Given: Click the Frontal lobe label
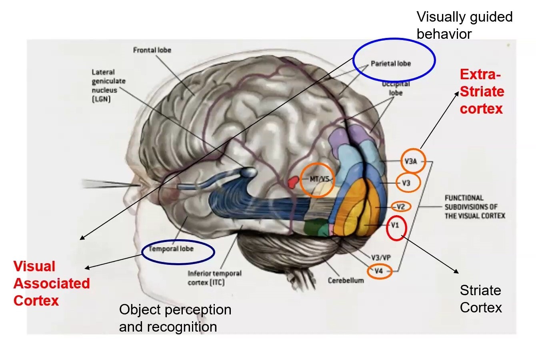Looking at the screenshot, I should [x=152, y=50].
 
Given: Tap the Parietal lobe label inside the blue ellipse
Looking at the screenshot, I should [x=390, y=63].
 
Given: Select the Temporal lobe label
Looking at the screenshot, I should [x=171, y=249].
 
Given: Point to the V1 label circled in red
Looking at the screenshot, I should [x=395, y=225].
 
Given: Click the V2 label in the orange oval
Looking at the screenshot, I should [x=400, y=207].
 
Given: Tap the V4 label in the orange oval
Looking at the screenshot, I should [x=378, y=271].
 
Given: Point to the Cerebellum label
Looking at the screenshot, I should [x=346, y=280].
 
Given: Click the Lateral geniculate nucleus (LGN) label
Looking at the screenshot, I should [x=108, y=85].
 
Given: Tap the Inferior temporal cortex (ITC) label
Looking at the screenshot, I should [x=214, y=278].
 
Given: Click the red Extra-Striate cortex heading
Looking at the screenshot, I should [x=482, y=92].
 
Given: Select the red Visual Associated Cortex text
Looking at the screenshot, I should [x=51, y=283].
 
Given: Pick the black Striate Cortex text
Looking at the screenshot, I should [x=480, y=299].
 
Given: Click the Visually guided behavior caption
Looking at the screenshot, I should [x=464, y=25].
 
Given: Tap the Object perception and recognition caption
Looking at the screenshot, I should [x=175, y=318].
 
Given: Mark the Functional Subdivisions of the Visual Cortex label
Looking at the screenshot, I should [x=474, y=207].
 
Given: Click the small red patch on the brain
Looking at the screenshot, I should [x=293, y=182].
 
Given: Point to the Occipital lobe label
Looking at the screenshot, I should [x=395, y=88].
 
